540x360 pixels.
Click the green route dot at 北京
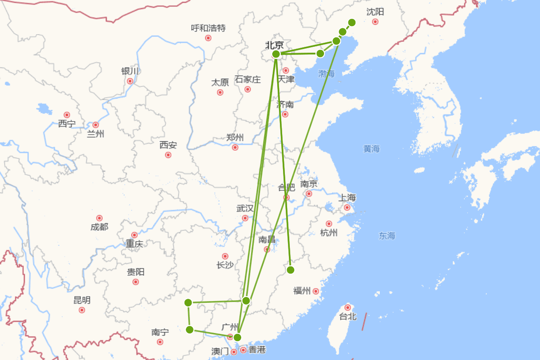point(276,54)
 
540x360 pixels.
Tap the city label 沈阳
point(375,12)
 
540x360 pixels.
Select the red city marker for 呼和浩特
point(208,38)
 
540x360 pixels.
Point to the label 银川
point(130,71)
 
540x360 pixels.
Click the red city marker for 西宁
point(67,115)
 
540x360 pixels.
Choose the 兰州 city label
point(95,134)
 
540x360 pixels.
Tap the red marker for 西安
point(168,155)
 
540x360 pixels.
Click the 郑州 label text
point(235,137)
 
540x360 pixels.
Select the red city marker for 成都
point(99,218)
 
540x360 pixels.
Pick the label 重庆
point(134,244)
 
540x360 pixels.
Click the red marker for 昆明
point(82,310)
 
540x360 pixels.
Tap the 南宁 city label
point(160,332)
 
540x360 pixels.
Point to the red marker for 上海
point(347,207)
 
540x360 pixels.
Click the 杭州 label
point(328,233)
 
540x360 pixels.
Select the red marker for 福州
point(316,291)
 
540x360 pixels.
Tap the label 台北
point(347,316)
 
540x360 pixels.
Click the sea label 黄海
point(372,148)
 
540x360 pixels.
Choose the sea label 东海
point(387,235)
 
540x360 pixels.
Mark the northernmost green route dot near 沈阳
point(352,22)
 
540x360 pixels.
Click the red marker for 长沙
point(225,256)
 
